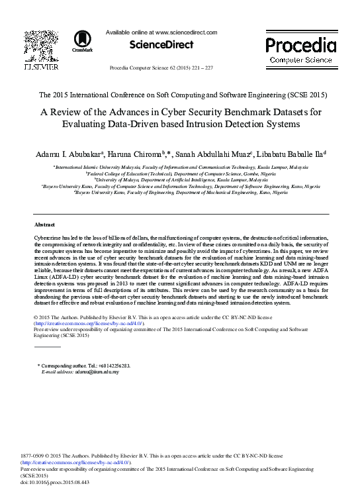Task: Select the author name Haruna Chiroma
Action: (138, 153)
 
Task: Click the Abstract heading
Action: (44, 225)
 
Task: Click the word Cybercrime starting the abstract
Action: (48, 236)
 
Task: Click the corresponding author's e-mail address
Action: (97, 372)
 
